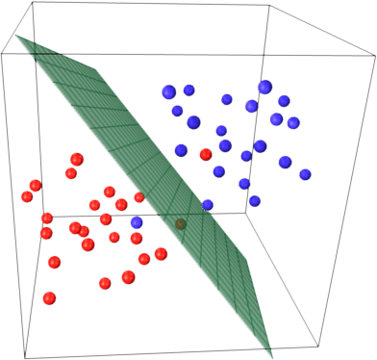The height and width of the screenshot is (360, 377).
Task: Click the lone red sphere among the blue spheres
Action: tap(205, 154)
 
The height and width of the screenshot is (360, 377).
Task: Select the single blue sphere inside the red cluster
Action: tap(137, 222)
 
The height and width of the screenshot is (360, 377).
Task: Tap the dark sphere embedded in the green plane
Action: tap(178, 225)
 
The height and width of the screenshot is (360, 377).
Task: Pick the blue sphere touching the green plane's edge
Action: tap(208, 204)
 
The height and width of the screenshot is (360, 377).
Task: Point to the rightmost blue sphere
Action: tap(306, 174)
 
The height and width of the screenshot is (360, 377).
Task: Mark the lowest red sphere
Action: tap(49, 296)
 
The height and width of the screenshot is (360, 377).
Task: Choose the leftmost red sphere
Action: tap(27, 196)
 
